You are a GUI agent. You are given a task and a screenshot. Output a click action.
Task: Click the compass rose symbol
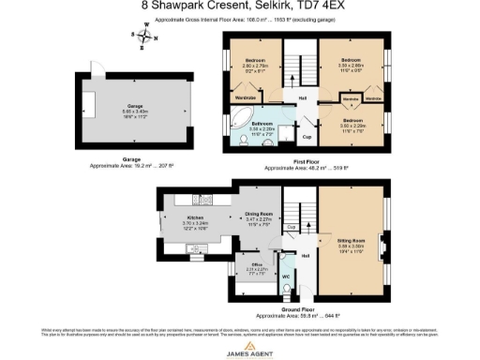(145, 38)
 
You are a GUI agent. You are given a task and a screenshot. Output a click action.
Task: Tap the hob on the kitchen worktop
(200, 199)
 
